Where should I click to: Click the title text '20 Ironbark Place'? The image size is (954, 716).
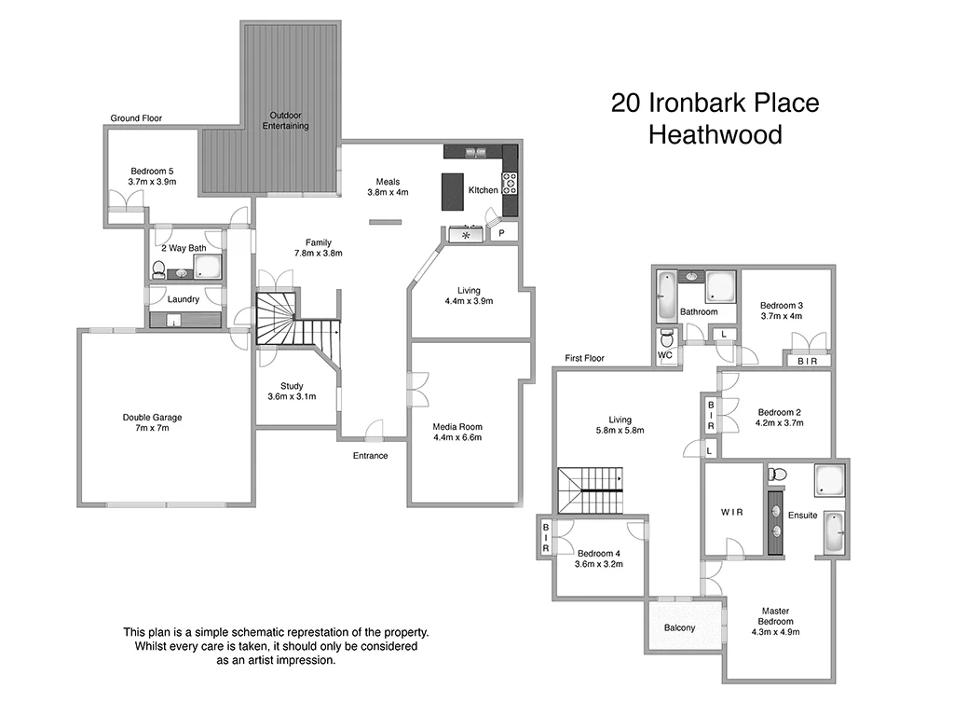coord(715,103)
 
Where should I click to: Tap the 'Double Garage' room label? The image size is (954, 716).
coord(152,417)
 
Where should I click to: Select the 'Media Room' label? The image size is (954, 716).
coord(457,426)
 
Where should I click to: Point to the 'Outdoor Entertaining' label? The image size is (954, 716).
coord(285,120)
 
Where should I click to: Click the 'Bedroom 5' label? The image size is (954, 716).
coord(152,171)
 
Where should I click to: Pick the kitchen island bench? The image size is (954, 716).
coord(453,191)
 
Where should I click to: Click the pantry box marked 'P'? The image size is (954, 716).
coord(501,234)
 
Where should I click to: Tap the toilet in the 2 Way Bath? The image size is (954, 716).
coord(158,270)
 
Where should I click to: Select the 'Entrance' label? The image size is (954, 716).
coord(370,456)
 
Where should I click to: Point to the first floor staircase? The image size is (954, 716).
coord(591,490)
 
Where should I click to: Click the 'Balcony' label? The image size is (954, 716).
coord(679,627)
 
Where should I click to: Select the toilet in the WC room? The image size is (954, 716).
coord(666,337)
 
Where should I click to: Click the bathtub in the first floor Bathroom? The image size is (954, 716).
coord(666,296)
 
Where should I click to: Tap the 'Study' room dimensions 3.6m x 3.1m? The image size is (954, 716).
coord(293,396)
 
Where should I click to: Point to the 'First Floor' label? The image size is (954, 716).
coord(584,358)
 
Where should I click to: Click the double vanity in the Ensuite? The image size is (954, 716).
coord(775,520)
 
